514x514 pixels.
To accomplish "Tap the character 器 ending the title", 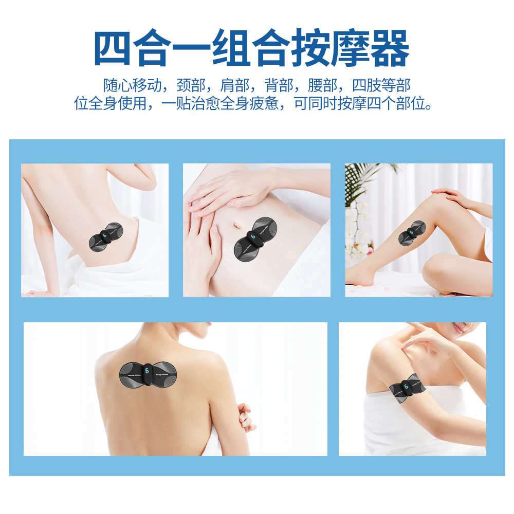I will pos(385,49).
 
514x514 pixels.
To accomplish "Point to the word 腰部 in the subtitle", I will pos(323,85).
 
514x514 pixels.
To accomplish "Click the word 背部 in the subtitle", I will pos(279,85).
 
